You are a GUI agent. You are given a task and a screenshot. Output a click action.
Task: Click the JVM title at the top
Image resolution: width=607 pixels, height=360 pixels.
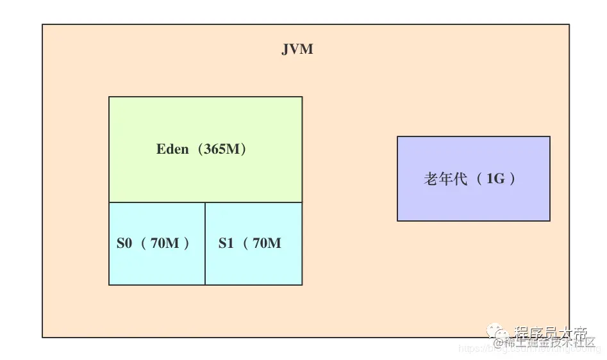tap(297, 49)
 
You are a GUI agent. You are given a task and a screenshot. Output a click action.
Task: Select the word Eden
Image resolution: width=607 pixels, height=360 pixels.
tap(172, 149)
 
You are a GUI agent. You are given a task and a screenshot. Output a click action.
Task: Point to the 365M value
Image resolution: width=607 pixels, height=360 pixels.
tap(221, 149)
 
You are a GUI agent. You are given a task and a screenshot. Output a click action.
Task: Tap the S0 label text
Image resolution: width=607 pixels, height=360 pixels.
tap(124, 243)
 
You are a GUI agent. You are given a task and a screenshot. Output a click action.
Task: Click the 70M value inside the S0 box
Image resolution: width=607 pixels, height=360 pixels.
tap(165, 243)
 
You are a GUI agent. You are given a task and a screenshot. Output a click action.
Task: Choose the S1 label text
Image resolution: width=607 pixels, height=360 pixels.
tap(226, 243)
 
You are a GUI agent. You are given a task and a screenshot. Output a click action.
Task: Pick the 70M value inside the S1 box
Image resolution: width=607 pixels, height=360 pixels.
tap(267, 243)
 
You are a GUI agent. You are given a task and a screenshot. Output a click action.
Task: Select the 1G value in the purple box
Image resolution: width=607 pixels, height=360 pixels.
tap(495, 179)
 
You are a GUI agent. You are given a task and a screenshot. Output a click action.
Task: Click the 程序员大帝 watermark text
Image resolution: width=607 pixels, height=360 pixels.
tap(550, 332)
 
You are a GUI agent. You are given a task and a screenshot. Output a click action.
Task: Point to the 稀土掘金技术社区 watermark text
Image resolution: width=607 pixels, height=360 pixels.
tap(549, 342)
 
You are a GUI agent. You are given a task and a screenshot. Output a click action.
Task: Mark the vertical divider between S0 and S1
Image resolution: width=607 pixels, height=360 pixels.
tap(205, 244)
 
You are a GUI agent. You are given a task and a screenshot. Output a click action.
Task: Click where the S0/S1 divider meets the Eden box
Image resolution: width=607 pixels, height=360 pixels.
tap(205, 202)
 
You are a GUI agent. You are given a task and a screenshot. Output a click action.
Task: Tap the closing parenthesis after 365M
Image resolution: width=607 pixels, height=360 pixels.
tap(244, 149)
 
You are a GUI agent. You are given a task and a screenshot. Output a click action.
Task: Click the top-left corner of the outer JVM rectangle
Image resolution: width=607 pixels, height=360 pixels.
tap(43, 25)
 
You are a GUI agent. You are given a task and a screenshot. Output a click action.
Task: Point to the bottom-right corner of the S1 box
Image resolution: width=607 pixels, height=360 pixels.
tap(302, 284)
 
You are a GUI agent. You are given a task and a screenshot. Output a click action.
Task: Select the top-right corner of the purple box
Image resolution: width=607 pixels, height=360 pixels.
tap(550, 136)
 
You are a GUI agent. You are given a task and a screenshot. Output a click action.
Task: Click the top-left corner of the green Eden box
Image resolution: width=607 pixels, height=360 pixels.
tap(109, 97)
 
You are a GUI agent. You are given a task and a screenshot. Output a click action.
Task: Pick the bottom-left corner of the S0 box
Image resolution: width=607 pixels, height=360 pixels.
tap(109, 284)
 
